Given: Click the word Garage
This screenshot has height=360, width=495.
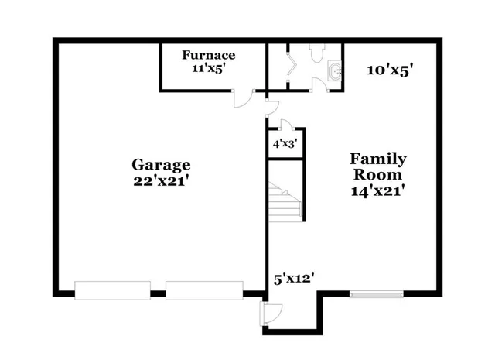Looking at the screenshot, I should tap(160, 164).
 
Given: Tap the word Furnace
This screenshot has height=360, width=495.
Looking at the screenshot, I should tap(209, 55).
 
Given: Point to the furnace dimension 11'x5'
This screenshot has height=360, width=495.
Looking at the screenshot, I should tap(209, 68).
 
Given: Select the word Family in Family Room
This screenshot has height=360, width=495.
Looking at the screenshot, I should tap(378, 159).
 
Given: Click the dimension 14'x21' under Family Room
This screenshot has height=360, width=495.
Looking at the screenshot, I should tap(378, 190).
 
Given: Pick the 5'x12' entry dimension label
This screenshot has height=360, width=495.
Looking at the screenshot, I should tap(294, 277).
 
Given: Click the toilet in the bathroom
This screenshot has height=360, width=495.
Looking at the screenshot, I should tap(316, 52).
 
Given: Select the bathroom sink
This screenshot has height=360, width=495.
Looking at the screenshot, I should tap(334, 71).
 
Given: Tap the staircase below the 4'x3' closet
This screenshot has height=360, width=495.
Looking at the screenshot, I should tap(285, 199).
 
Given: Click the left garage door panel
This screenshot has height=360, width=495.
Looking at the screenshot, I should tap(111, 290).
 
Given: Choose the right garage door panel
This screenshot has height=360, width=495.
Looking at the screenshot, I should tap(203, 290).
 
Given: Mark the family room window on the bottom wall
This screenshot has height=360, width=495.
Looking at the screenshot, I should tap(376, 293).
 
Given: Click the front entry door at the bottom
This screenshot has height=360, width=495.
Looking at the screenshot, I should tap(270, 313).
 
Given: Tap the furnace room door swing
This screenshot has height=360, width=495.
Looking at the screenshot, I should tap(244, 99).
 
